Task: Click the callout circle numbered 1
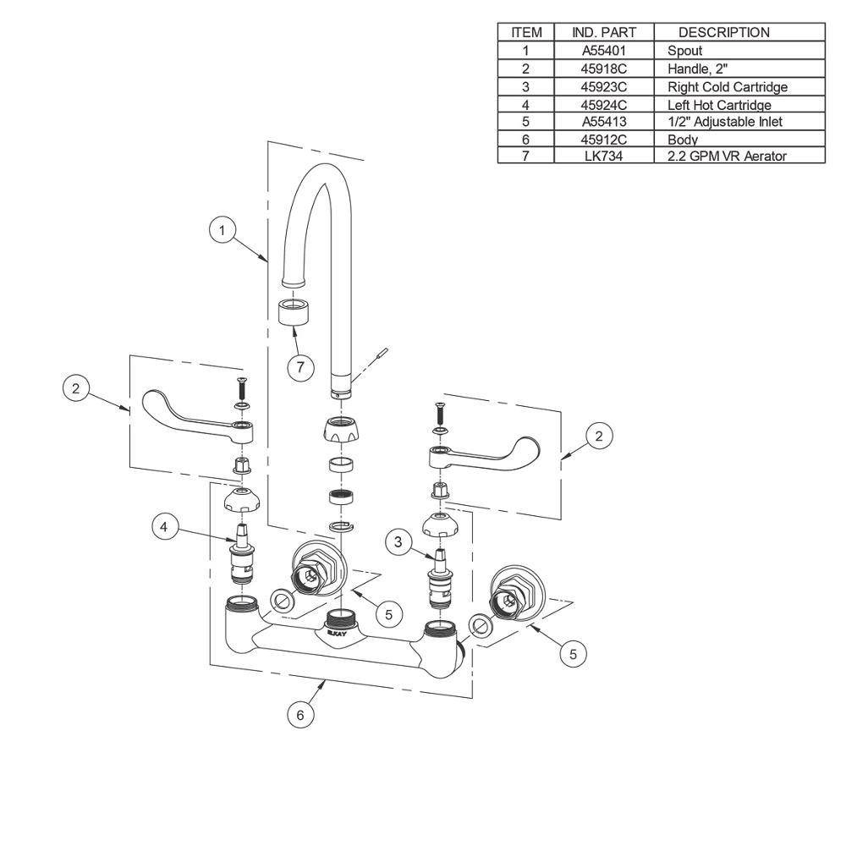pos(222,230)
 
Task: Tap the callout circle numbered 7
pos(299,367)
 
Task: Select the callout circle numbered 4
pos(165,526)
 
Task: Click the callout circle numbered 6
pos(299,715)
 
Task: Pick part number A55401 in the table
pos(604,51)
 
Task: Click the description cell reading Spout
pos(684,51)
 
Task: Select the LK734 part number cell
pos(604,157)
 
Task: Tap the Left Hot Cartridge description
pos(719,105)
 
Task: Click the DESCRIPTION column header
pos(723,32)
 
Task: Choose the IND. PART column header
pos(604,32)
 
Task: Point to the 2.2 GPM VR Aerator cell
pos(727,157)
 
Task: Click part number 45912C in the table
pos(604,140)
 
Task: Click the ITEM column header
pos(526,32)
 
